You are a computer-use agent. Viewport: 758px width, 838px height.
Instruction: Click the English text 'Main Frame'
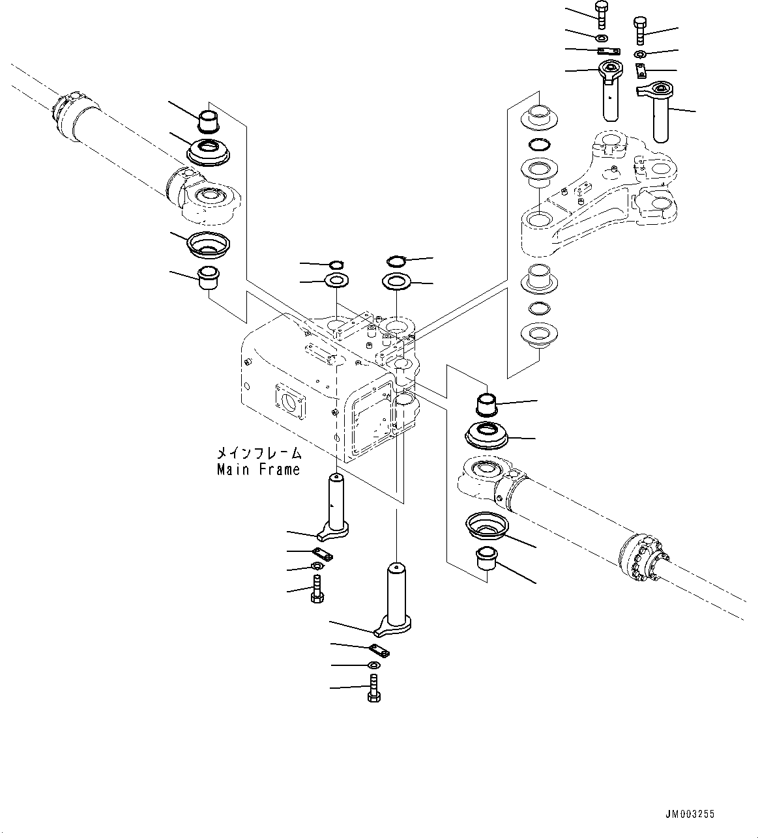click(x=259, y=470)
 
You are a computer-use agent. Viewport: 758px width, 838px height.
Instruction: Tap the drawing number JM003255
click(x=690, y=814)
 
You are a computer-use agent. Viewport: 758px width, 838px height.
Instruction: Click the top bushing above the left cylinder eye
click(x=209, y=121)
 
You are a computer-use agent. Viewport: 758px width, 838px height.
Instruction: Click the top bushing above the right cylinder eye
click(x=488, y=404)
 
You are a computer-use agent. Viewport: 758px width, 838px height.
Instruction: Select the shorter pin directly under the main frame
click(x=337, y=505)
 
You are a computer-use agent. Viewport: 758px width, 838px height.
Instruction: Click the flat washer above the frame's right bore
click(x=396, y=282)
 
